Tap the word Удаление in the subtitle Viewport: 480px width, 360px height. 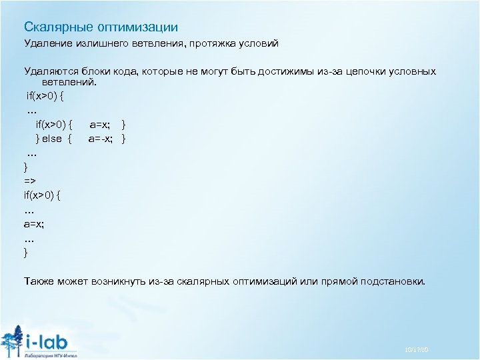tap(47, 44)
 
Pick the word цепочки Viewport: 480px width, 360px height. tap(365, 71)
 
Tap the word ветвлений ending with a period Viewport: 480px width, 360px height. tap(70, 83)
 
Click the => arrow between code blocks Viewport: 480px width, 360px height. tap(31, 180)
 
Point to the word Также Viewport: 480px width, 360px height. tap(39, 281)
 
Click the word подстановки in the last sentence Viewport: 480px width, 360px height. tap(391, 281)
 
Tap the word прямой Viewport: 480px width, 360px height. tap(337, 281)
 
